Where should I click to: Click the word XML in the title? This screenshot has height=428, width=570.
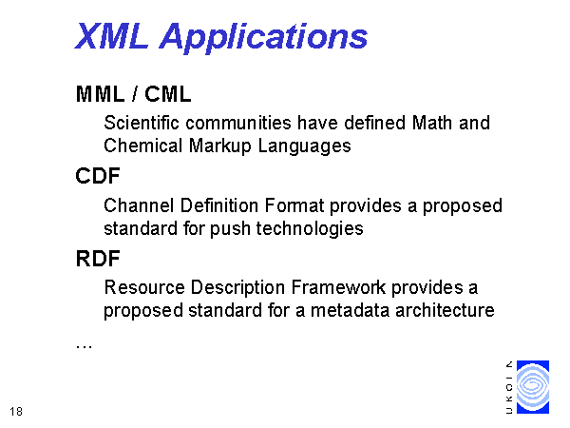[111, 36]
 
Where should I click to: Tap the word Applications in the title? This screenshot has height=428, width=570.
[264, 38]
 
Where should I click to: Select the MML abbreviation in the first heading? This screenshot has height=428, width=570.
[101, 94]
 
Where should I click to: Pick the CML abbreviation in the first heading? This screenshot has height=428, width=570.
[167, 94]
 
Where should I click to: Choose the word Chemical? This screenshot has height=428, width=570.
[142, 146]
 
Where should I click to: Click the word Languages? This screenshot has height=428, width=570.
[304, 146]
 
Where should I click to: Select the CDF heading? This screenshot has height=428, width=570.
[98, 176]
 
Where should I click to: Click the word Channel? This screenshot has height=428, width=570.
[139, 205]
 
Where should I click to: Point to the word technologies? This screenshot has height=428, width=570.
[310, 229]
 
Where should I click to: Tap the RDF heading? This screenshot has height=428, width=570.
[98, 259]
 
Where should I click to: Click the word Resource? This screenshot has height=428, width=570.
[144, 287]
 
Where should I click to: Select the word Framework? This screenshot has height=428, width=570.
[338, 287]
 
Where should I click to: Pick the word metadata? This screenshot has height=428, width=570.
[350, 310]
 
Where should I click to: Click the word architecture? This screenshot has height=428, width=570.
[445, 310]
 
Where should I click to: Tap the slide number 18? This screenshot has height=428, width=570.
[16, 411]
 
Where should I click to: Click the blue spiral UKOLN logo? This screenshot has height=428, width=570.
[533, 387]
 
